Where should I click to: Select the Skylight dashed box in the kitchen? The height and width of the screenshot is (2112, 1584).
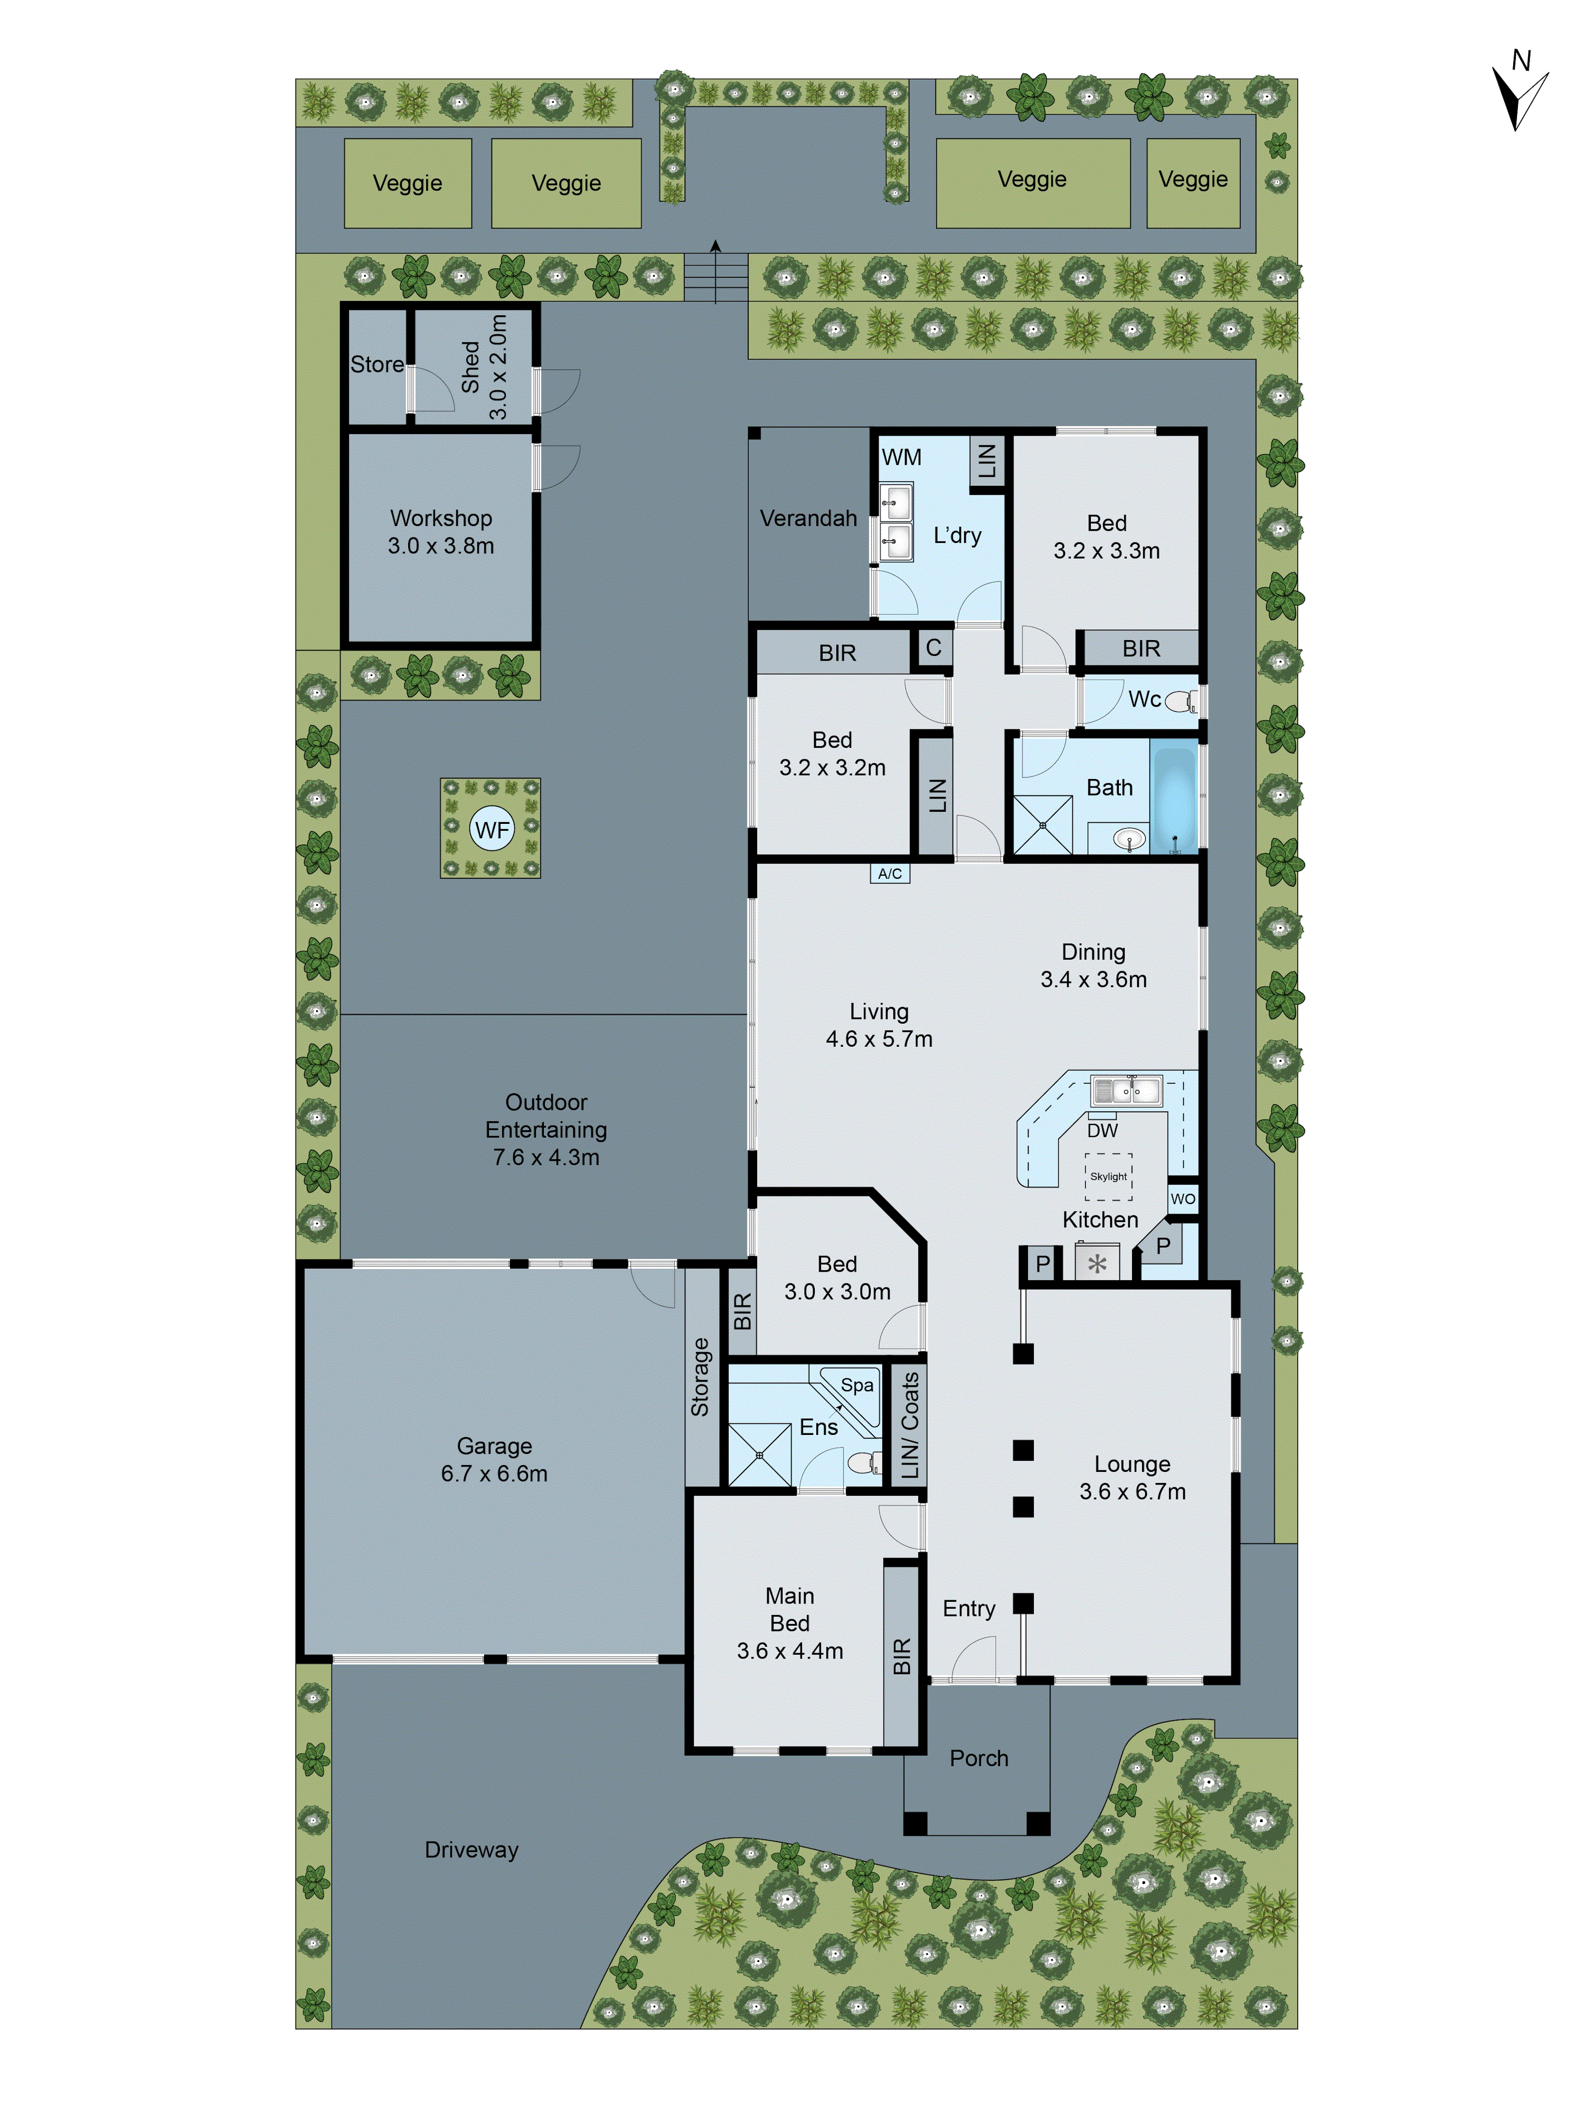point(1108,1176)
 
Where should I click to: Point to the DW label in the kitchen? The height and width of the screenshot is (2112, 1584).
point(1102,1131)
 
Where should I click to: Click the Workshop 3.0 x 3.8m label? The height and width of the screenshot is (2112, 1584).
point(440,532)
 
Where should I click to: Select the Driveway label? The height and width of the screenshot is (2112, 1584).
point(471,1850)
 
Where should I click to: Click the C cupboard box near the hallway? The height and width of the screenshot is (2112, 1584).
point(933,647)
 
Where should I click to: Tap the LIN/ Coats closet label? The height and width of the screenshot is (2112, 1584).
point(909,1424)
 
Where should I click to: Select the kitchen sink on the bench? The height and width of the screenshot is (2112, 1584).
point(1126,1090)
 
